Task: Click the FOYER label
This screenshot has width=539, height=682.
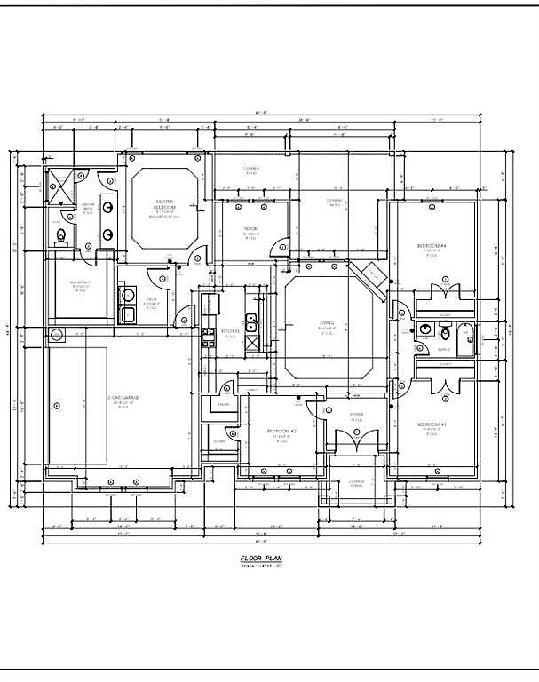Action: coord(356,414)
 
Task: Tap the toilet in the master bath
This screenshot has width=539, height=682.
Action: coord(61,236)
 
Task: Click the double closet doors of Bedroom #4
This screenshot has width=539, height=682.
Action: coord(441,291)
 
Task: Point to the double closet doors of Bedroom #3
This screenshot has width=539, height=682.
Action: coord(441,383)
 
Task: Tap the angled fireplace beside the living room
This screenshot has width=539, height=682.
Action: coord(368,273)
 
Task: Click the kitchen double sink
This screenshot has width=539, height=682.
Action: coord(251,321)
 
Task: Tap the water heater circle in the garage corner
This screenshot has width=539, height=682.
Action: coord(58,335)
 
